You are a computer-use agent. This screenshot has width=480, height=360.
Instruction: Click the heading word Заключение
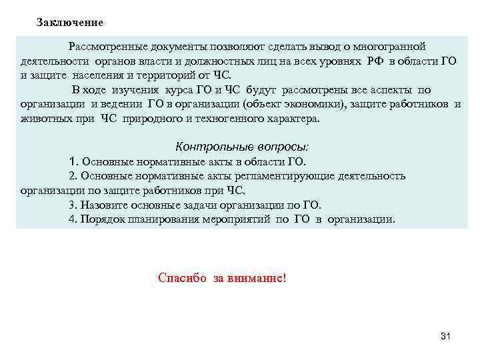[x=70, y=23]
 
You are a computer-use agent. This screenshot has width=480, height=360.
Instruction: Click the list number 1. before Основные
[x=73, y=161]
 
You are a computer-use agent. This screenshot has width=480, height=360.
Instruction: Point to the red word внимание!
[x=259, y=277]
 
